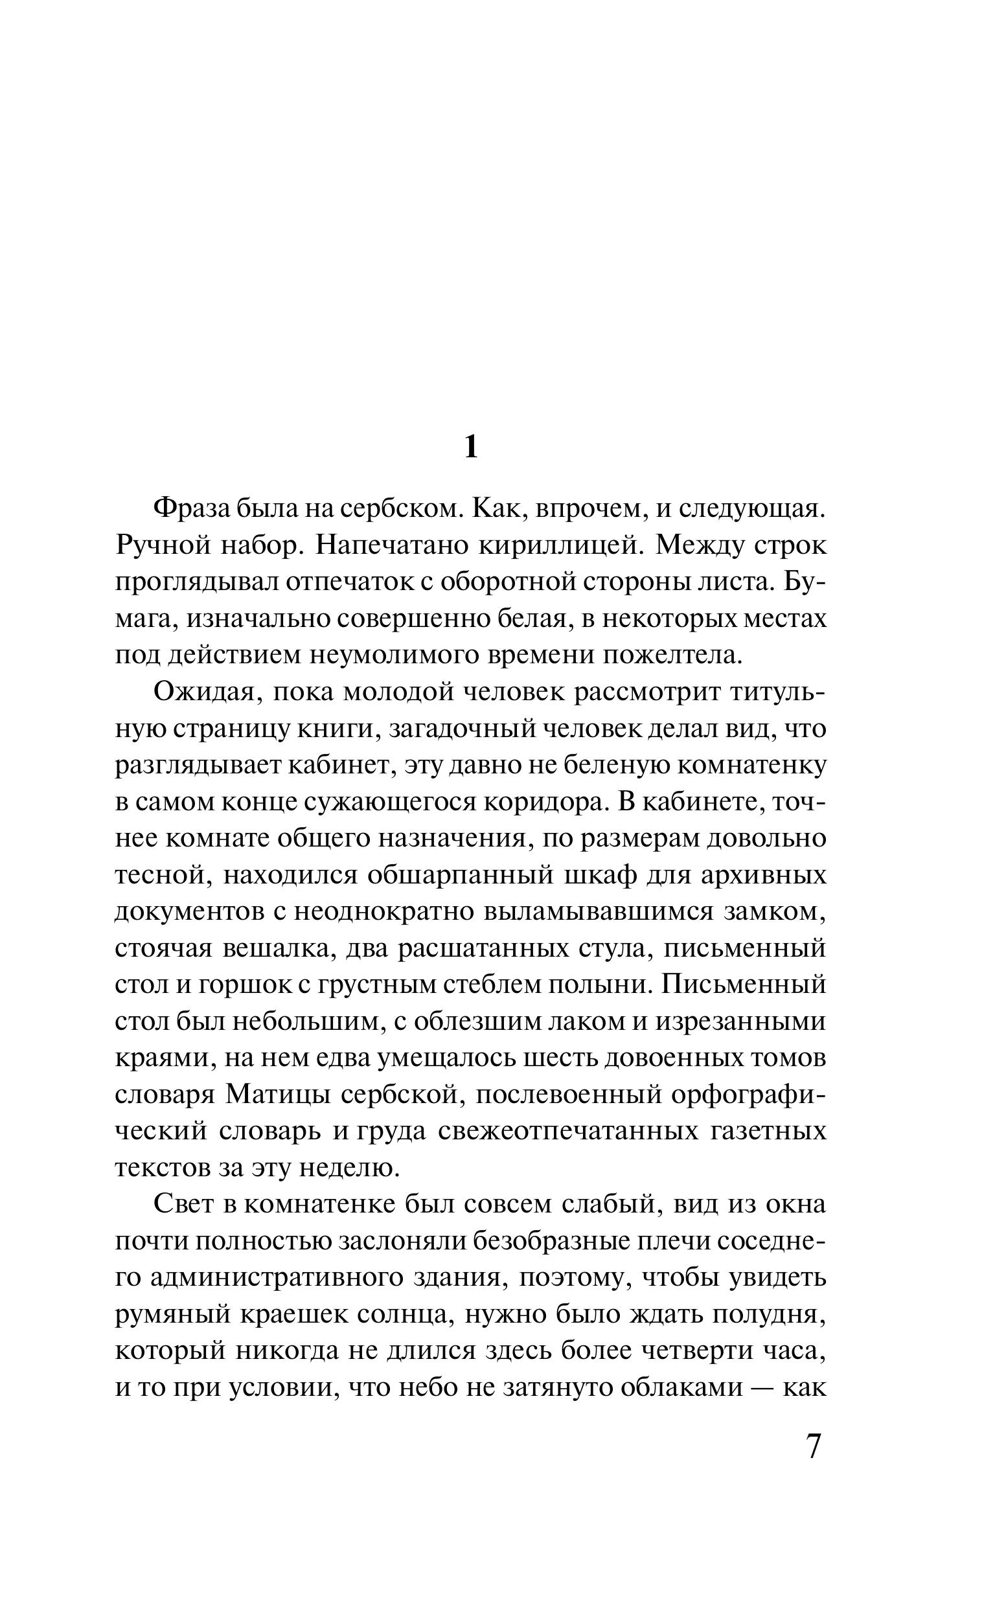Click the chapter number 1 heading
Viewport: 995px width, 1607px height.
pyautogui.click(x=470, y=448)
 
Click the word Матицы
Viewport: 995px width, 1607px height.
pyautogui.click(x=277, y=1095)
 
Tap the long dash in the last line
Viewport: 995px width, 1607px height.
pyautogui.click(x=763, y=1388)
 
